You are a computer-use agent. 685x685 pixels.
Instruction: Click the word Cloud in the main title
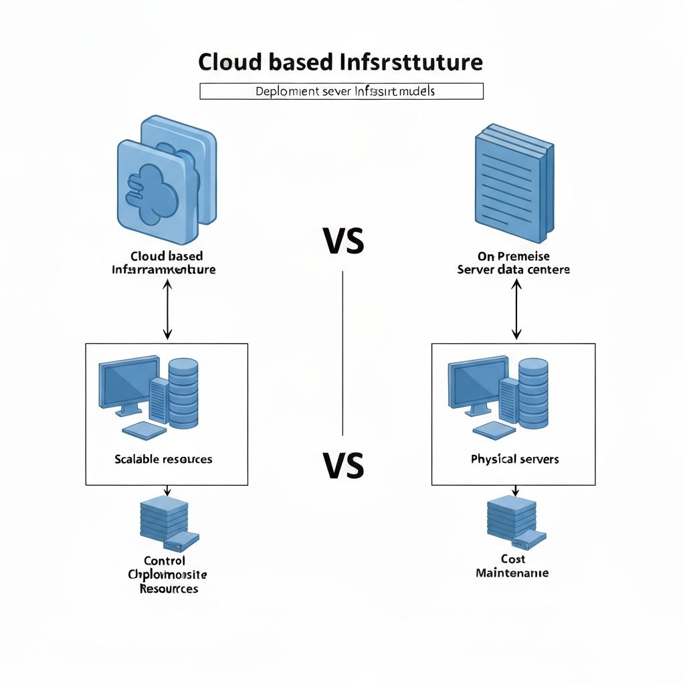pyautogui.click(x=228, y=62)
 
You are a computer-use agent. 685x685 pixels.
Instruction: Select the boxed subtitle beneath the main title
pyautogui.click(x=341, y=91)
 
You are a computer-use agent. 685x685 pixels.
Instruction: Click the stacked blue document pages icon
pyautogui.click(x=514, y=183)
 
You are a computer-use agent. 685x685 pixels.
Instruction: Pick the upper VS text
pyautogui.click(x=343, y=241)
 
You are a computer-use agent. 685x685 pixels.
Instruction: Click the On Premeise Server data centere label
pyautogui.click(x=514, y=263)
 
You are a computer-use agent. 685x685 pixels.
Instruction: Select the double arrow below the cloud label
pyautogui.click(x=167, y=309)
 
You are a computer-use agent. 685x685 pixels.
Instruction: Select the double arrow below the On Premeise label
pyautogui.click(x=516, y=309)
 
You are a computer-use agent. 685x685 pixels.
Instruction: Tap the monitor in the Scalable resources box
pyautogui.click(x=129, y=384)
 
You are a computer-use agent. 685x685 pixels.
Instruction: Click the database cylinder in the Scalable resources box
pyautogui.click(x=184, y=393)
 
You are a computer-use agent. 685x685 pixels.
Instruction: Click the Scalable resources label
pyautogui.click(x=163, y=459)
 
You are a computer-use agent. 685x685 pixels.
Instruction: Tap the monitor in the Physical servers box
pyautogui.click(x=478, y=384)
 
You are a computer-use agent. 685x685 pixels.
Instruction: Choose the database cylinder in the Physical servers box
pyautogui.click(x=533, y=393)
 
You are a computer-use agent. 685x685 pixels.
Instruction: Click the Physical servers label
pyautogui.click(x=514, y=459)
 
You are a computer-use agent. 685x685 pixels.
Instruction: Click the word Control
pyautogui.click(x=165, y=561)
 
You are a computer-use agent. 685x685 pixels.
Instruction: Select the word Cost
pyautogui.click(x=513, y=559)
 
